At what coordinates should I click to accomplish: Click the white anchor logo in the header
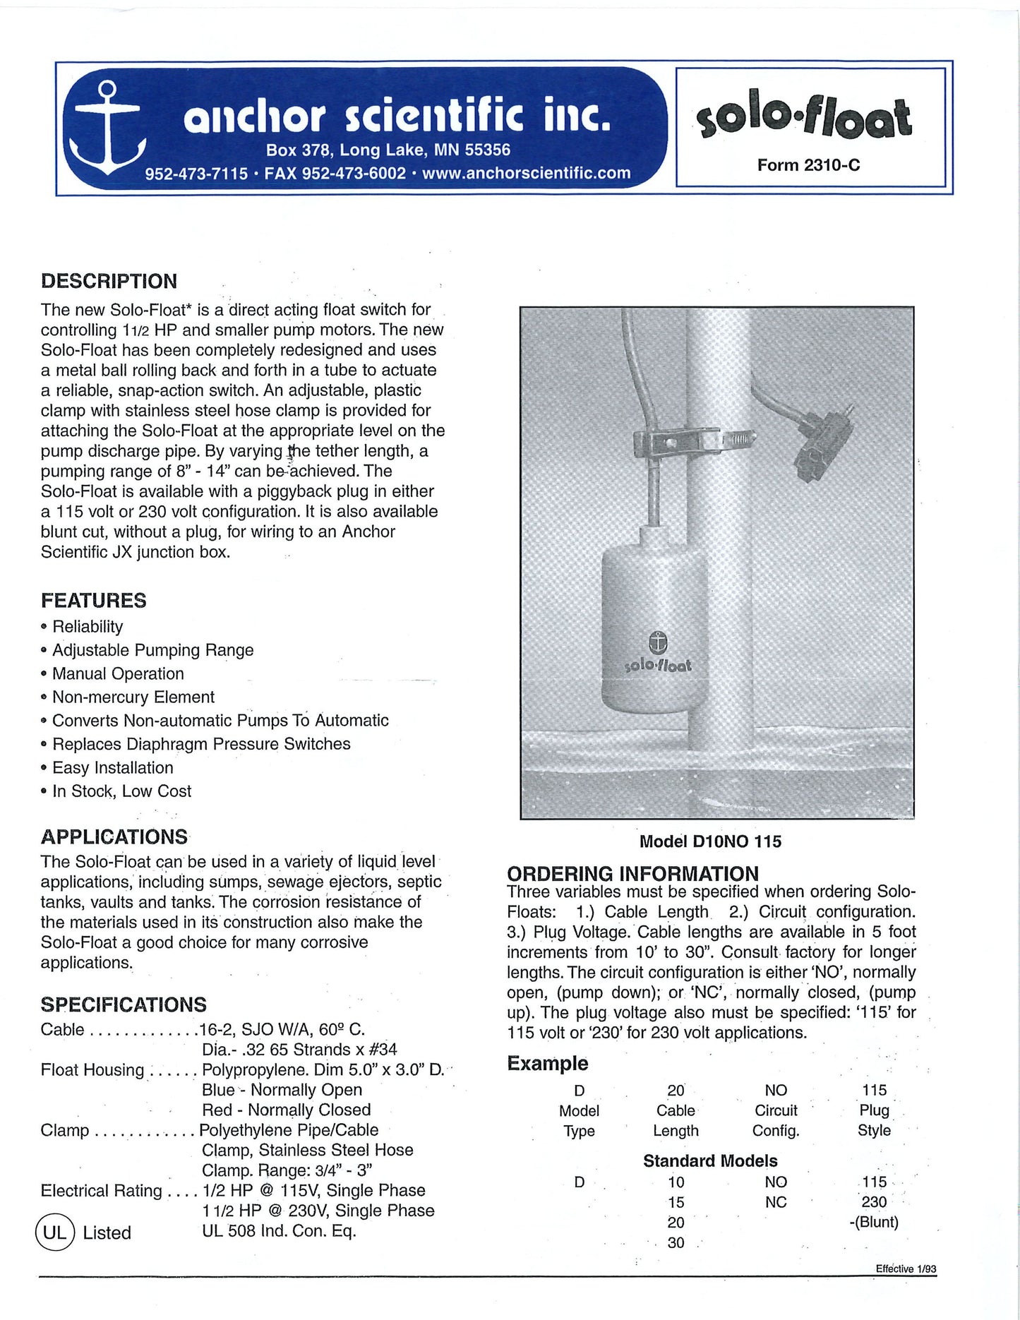tap(106, 128)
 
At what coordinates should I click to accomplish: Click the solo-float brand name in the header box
tap(804, 116)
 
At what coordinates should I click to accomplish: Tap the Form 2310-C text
tap(808, 165)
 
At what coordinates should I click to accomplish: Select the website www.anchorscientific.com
tap(526, 174)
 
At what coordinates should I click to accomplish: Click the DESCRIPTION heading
tap(109, 281)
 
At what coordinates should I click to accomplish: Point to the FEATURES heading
tap(93, 601)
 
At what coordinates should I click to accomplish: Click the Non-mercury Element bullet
tap(133, 697)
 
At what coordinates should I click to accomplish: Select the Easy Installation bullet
tap(112, 768)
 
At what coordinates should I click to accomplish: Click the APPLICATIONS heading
tap(114, 837)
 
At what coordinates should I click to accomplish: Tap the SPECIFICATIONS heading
tap(124, 1004)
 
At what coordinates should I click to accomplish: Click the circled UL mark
tap(54, 1232)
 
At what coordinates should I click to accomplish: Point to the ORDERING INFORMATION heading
tap(632, 874)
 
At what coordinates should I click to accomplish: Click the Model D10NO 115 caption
tap(710, 841)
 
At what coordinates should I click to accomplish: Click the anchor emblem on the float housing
tap(657, 642)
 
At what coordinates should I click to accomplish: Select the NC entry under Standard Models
tap(775, 1202)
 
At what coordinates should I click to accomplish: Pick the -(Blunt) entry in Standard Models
tap(874, 1222)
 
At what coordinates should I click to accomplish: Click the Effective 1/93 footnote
tap(906, 1268)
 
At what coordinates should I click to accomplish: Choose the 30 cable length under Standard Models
tap(676, 1242)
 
